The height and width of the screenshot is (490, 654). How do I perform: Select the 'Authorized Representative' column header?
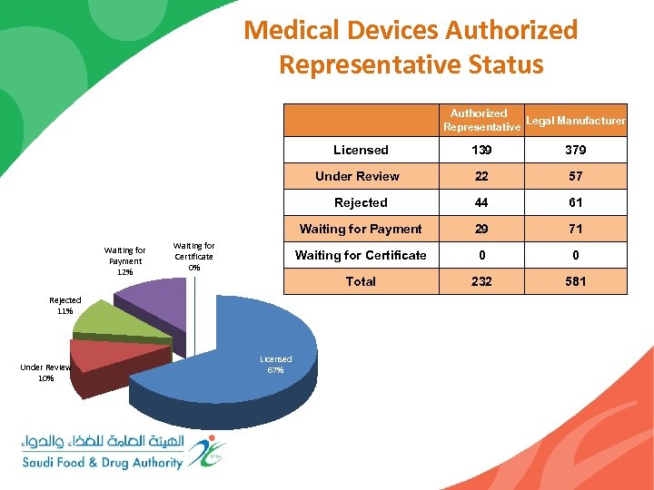pyautogui.click(x=481, y=120)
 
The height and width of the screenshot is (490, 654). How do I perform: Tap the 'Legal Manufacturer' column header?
pyautogui.click(x=576, y=120)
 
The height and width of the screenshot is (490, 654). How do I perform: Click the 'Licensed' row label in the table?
pyautogui.click(x=361, y=150)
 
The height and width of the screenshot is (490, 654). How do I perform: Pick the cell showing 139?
pyautogui.click(x=481, y=150)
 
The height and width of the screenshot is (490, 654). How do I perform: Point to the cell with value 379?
pyautogui.click(x=576, y=150)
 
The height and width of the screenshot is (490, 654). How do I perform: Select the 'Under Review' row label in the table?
pyautogui.click(x=357, y=176)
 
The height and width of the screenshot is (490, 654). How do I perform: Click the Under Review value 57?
pyautogui.click(x=576, y=176)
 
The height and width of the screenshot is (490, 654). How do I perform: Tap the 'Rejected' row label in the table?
pyautogui.click(x=361, y=202)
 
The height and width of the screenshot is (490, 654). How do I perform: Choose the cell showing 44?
pyautogui.click(x=481, y=202)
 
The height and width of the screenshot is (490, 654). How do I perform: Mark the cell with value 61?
pyautogui.click(x=576, y=202)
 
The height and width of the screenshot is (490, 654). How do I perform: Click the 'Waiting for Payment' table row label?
pyautogui.click(x=361, y=229)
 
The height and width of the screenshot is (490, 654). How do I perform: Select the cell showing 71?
pyautogui.click(x=576, y=229)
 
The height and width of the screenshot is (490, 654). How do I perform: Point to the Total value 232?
pyautogui.click(x=481, y=281)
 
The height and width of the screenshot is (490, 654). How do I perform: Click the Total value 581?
pyautogui.click(x=576, y=281)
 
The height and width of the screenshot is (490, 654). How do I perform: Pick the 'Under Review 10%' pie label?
pyautogui.click(x=45, y=372)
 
